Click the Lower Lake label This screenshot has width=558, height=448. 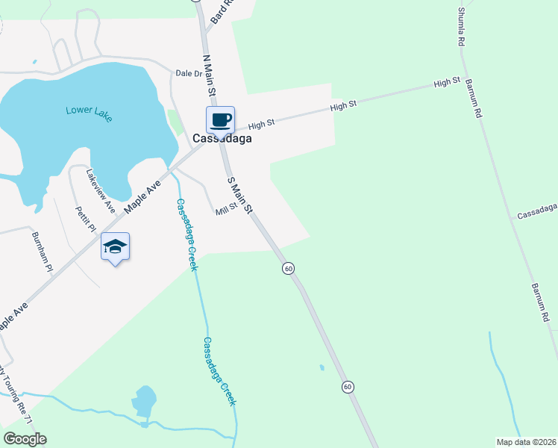coord(88,111)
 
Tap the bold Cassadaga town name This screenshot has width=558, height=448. coord(222,138)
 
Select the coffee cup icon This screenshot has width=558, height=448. coord(221,119)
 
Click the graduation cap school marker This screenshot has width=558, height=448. coord(115,246)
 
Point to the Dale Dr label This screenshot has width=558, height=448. coord(189,73)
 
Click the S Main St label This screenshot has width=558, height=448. coord(241,193)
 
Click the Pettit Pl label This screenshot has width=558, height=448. coord(86,220)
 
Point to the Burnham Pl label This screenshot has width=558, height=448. coord(42,251)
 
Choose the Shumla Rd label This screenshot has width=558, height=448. coord(461,27)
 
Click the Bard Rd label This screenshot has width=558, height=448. coord(222,11)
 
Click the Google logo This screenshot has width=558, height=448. coord(25,439)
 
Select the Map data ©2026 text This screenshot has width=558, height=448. coord(526,442)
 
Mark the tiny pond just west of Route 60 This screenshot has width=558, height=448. coord(322,367)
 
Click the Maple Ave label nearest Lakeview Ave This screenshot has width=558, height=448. coord(143,196)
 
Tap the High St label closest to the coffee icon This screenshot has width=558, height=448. coord(262,122)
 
